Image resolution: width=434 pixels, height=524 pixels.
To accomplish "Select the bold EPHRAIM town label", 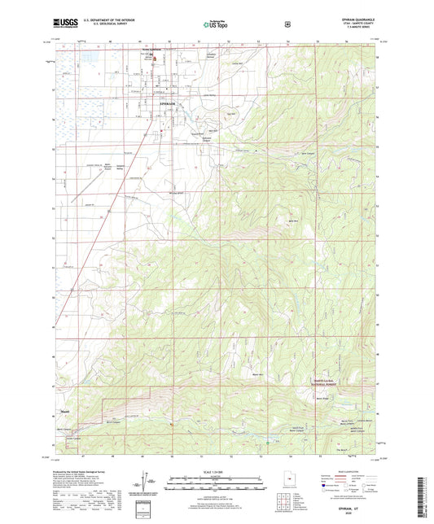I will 167,105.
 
